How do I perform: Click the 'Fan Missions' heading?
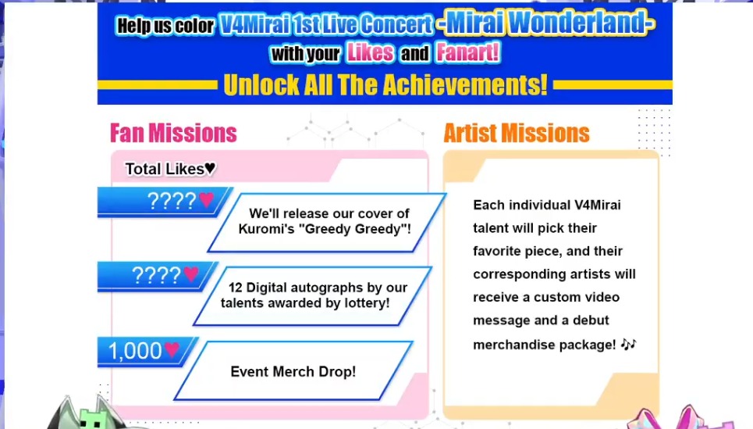[173, 133]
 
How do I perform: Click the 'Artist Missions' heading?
[517, 133]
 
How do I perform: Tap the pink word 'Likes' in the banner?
[370, 52]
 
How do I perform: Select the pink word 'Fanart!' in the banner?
[467, 52]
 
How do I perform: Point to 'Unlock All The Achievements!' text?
[385, 85]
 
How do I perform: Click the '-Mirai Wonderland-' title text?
[545, 23]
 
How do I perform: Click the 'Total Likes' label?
[165, 169]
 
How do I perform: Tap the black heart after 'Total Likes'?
[211, 168]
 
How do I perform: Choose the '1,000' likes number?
[135, 351]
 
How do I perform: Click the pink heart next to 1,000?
[172, 349]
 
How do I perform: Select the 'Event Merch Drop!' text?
[293, 372]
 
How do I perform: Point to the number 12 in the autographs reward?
[236, 288]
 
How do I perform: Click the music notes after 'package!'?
[628, 344]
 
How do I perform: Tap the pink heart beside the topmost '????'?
[207, 198]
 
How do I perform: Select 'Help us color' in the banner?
[165, 26]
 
